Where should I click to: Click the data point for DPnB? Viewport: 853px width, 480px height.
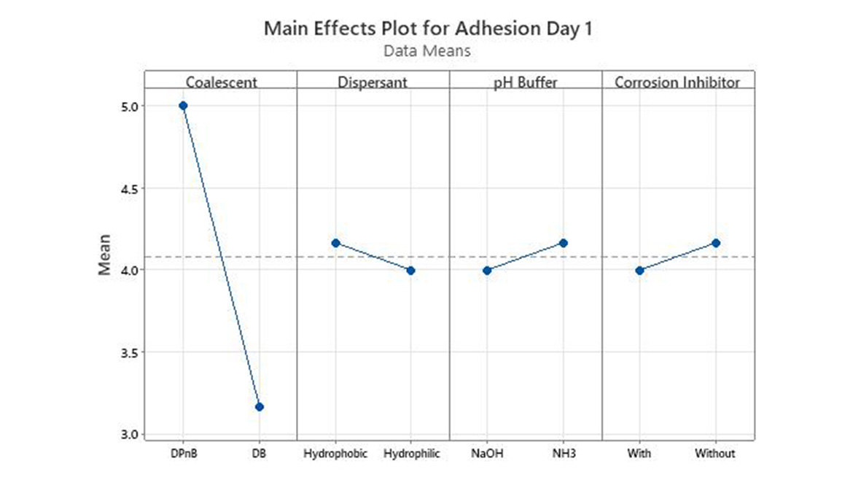[x=183, y=106]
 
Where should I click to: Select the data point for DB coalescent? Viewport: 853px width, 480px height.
[x=260, y=407]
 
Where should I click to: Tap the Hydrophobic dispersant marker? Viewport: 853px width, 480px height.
[x=335, y=243]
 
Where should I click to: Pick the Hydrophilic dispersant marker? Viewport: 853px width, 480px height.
[x=411, y=271]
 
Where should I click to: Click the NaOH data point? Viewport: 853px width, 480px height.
[x=487, y=271]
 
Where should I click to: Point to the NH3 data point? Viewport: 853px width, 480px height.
[x=564, y=243]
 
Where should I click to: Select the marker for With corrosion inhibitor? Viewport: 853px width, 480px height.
[x=639, y=271]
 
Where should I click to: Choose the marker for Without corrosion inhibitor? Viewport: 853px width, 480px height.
[x=716, y=243]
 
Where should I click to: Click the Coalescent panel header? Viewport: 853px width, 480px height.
[x=221, y=82]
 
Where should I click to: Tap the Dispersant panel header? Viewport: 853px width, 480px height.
[x=372, y=82]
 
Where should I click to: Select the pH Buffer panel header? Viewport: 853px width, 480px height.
[x=525, y=82]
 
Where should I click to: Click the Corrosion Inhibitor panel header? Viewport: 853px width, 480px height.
[x=677, y=82]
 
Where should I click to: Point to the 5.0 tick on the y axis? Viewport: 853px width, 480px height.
[x=128, y=107]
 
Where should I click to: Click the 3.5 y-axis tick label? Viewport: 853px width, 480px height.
[x=128, y=352]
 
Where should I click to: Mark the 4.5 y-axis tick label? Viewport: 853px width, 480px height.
[x=128, y=188]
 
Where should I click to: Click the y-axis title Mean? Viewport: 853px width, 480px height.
[x=105, y=255]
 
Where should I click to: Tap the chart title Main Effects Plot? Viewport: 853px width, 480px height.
[x=426, y=29]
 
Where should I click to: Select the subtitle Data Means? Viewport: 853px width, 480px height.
[x=426, y=51]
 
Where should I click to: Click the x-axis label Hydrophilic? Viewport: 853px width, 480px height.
[x=411, y=454]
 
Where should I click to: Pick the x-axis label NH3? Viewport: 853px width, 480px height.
[x=564, y=454]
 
